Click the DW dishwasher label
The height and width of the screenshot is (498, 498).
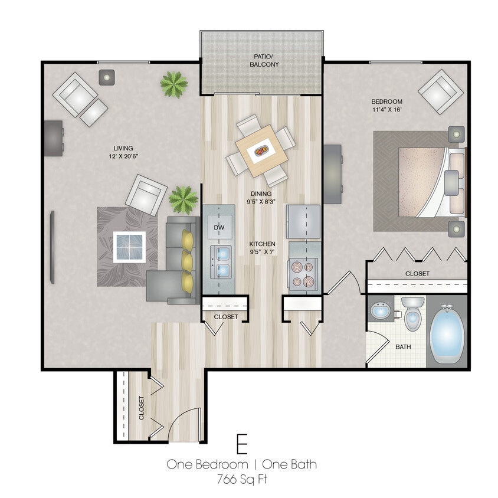pos(218,227)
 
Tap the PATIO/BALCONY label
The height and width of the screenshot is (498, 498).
pos(262,61)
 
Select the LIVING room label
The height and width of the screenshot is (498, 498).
pos(123,148)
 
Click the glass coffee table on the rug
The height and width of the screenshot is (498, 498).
pos(129,247)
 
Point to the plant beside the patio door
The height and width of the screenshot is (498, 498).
pos(173,84)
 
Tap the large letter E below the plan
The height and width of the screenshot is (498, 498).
pos(241,443)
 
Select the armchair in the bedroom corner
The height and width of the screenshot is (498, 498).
pos(440,91)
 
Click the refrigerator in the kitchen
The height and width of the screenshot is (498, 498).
pos(303,221)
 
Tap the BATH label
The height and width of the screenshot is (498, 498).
pos(403,347)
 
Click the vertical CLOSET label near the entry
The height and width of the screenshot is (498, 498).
pos(142,408)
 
